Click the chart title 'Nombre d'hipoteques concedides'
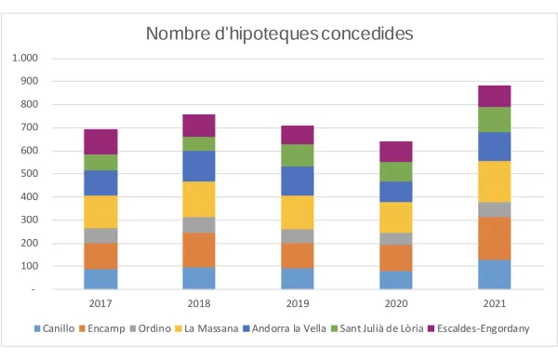click(279, 33)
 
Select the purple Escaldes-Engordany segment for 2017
click(100, 141)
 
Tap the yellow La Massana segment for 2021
click(494, 181)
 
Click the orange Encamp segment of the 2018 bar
click(199, 249)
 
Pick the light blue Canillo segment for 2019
click(298, 278)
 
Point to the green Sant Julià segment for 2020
click(395, 171)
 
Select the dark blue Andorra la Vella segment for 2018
click(199, 166)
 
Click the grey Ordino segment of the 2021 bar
click(494, 209)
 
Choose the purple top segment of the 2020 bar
click(395, 152)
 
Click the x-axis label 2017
click(100, 302)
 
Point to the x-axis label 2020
click(395, 302)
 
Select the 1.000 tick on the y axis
click(25, 58)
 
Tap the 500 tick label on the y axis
click(29, 174)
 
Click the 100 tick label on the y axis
click(29, 266)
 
